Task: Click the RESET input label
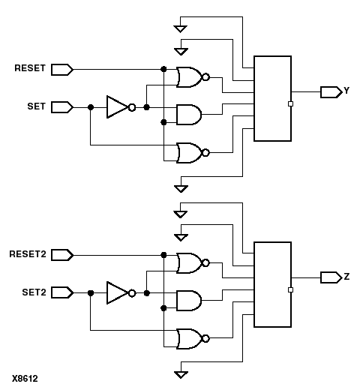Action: [x=31, y=69]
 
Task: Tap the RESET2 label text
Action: [x=28, y=255]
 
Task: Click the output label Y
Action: [x=346, y=91]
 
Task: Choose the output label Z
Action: [x=346, y=277]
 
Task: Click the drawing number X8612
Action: [x=25, y=379]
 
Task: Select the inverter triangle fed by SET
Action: [x=117, y=107]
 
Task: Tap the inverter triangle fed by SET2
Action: [x=117, y=293]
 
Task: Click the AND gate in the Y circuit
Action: [x=187, y=115]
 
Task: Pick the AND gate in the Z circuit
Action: [x=187, y=301]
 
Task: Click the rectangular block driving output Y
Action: [x=272, y=98]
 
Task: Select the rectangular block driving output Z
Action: [x=272, y=284]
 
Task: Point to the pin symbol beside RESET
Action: [x=63, y=69]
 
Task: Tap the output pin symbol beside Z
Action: [x=330, y=277]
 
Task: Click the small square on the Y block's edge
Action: [x=290, y=104]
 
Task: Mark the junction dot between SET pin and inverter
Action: [x=90, y=107]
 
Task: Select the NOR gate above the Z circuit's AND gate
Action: [x=188, y=262]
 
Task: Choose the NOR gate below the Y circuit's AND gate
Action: [x=188, y=153]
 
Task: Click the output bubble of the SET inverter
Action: [x=132, y=107]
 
